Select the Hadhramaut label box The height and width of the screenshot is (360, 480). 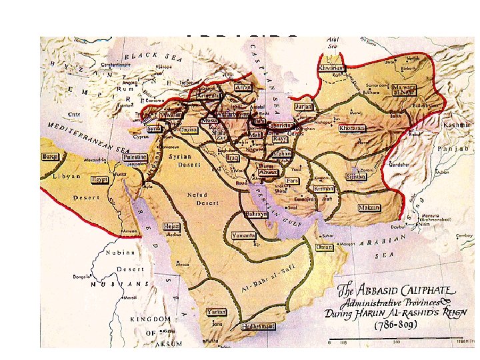tap(257, 327)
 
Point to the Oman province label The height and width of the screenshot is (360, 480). tap(324, 247)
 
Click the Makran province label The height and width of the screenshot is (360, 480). tap(369, 208)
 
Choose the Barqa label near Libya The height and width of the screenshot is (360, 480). tap(51, 156)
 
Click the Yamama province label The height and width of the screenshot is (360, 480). tap(244, 235)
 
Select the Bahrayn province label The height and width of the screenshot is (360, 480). tap(256, 214)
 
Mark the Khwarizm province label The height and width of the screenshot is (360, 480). tap(332, 68)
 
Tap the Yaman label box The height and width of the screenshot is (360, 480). tap(216, 311)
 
